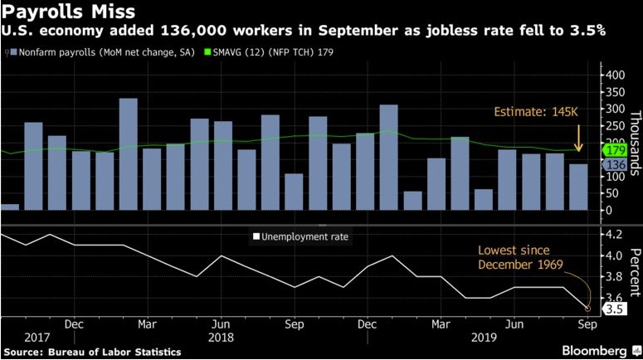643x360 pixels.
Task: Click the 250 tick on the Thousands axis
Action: click(615, 126)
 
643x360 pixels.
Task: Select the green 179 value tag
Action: click(615, 151)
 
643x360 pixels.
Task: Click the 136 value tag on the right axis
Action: click(615, 164)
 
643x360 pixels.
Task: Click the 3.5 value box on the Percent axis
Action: click(613, 309)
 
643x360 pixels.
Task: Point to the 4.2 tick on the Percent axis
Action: click(613, 235)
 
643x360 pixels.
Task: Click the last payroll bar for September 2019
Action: click(577, 187)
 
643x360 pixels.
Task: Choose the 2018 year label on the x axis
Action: click(221, 337)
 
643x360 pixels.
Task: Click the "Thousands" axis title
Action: click(634, 143)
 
